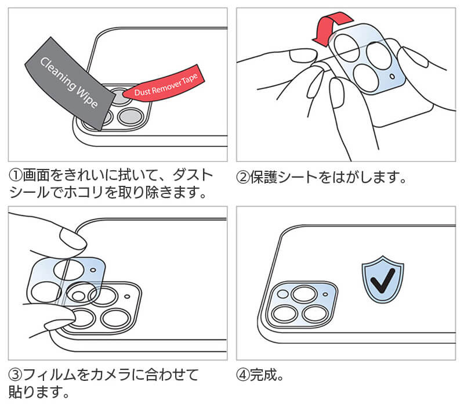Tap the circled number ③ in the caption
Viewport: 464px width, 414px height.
click(15, 375)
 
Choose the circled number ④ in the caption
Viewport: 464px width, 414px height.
click(243, 375)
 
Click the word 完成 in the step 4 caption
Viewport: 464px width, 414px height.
click(263, 375)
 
